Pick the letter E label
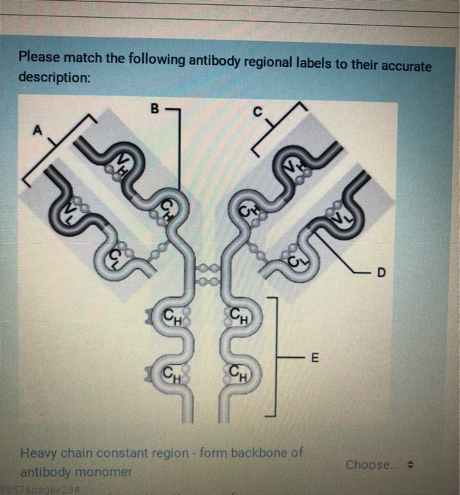pyautogui.click(x=315, y=359)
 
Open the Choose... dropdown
pyautogui.click(x=379, y=465)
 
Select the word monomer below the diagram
pyautogui.click(x=105, y=471)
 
